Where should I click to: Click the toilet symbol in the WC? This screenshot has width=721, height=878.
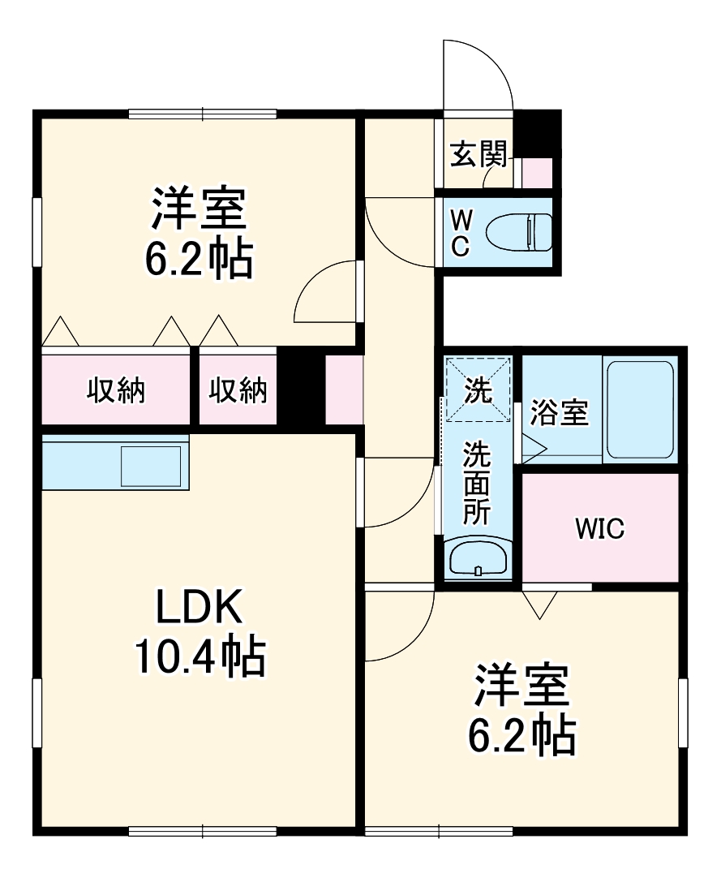click(519, 234)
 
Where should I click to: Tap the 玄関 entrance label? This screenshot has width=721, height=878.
click(479, 153)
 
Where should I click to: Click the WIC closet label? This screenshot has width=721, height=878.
click(599, 528)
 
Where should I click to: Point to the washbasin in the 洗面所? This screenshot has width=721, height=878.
click(478, 558)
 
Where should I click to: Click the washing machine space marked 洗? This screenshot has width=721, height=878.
click(478, 390)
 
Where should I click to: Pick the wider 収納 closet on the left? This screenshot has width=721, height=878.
click(116, 390)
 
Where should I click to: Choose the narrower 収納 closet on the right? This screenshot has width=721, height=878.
click(238, 390)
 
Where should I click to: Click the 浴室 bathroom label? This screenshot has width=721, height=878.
click(559, 413)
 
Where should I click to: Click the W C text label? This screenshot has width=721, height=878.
click(460, 234)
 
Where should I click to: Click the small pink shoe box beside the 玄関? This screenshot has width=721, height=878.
click(537, 173)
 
